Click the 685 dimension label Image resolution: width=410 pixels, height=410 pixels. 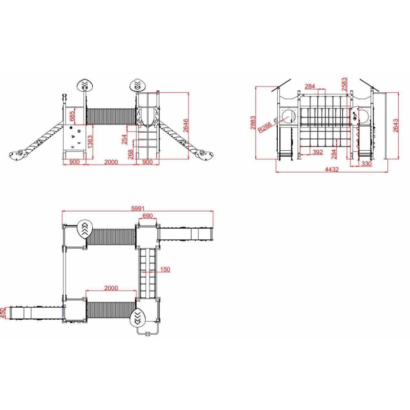point(72,116)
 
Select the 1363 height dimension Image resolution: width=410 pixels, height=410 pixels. point(90,142)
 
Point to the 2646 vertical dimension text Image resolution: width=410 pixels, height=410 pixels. point(186,126)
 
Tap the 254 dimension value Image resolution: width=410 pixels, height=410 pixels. point(124,139)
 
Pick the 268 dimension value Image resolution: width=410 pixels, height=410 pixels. point(131,154)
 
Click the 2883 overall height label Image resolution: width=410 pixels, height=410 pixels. point(253,122)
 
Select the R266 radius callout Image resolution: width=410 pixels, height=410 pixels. point(264,127)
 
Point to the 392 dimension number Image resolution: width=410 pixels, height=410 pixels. point(318,152)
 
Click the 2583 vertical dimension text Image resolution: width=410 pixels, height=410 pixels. point(344,84)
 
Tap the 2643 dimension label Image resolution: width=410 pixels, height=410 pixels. point(396,126)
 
